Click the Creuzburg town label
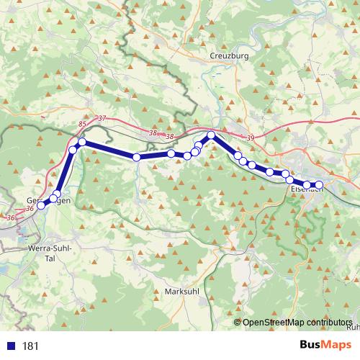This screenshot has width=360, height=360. pos(229,55)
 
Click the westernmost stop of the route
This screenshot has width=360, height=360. pos(41,205)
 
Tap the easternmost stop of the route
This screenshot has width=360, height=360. pos(319,186)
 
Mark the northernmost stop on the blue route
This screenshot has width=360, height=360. pos(212,135)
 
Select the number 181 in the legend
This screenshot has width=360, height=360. pos(30,346)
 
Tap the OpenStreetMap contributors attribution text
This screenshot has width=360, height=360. pos(297,322)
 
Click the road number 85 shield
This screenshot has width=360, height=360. pos(81,125)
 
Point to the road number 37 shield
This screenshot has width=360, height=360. pos(101,118)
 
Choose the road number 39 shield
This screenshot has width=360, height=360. pos(250,138)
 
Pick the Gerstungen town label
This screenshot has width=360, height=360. pos(48,200)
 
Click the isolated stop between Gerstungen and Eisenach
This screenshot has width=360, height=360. pos(136,157)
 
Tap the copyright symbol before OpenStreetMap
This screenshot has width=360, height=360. pos(238,322)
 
